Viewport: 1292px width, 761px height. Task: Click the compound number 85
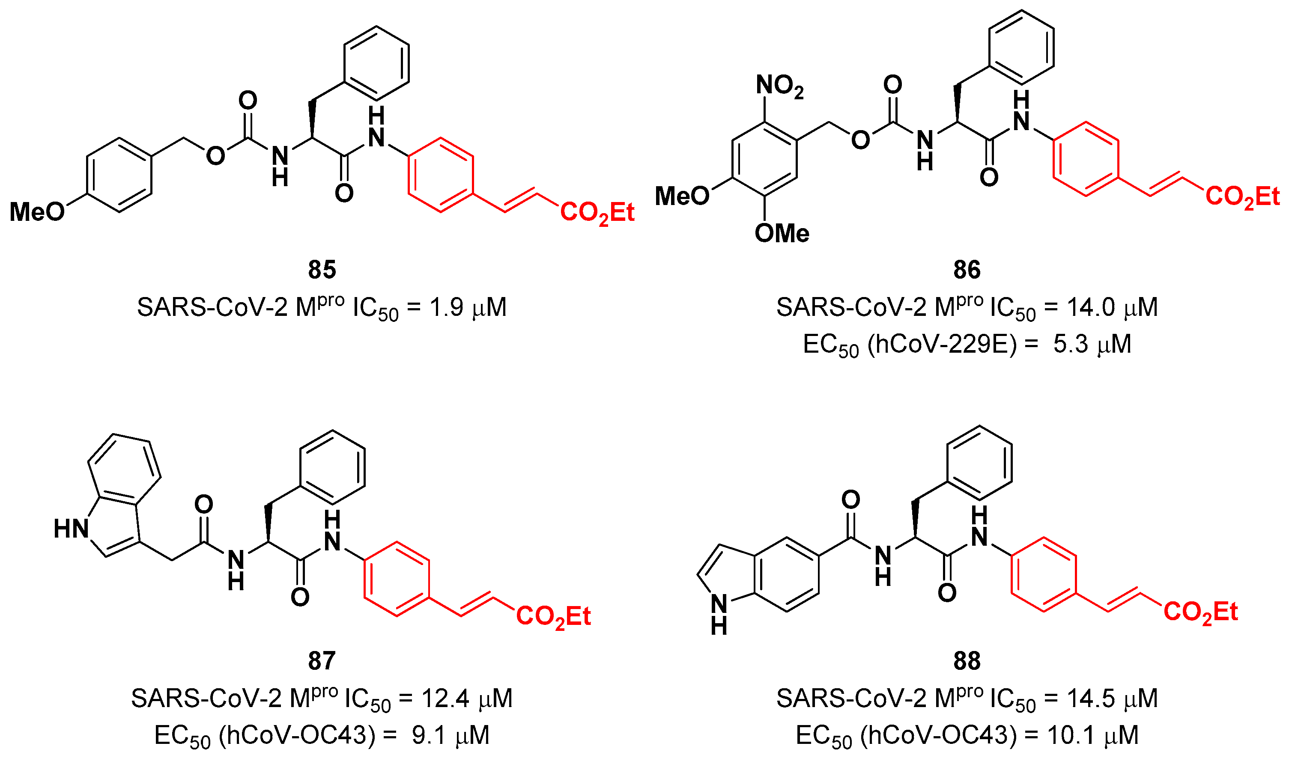322,270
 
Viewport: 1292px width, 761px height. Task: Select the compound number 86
967,270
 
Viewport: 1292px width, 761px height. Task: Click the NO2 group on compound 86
779,86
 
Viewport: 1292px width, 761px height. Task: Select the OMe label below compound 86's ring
782,234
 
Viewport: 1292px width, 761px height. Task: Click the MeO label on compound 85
37,211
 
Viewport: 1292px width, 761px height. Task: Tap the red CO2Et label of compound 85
597,212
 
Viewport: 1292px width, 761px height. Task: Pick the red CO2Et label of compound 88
1200,612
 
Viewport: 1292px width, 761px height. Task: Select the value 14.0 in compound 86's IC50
1091,308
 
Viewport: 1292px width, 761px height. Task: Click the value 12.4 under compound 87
445,699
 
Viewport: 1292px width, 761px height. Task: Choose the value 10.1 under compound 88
1074,735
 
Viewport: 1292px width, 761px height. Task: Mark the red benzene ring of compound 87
397,578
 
